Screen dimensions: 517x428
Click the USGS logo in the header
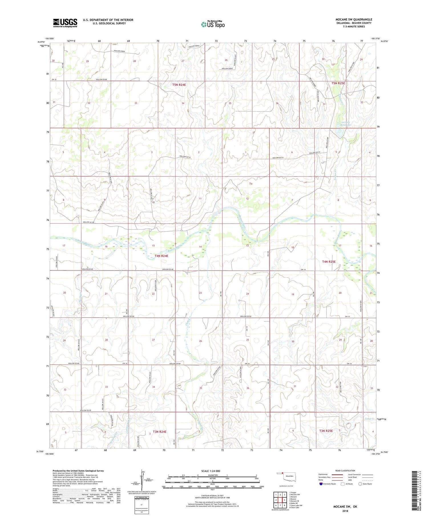point(65,23)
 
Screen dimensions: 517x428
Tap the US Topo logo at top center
point(213,25)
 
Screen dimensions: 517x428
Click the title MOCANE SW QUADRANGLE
point(354,19)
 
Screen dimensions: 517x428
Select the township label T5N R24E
point(179,85)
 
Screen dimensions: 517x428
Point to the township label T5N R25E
point(338,83)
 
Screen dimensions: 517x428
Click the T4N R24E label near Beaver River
point(161,256)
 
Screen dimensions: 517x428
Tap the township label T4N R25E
point(329,261)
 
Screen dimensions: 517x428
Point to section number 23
point(200,293)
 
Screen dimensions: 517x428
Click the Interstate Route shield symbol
point(321,484)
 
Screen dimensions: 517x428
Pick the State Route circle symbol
point(360,484)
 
